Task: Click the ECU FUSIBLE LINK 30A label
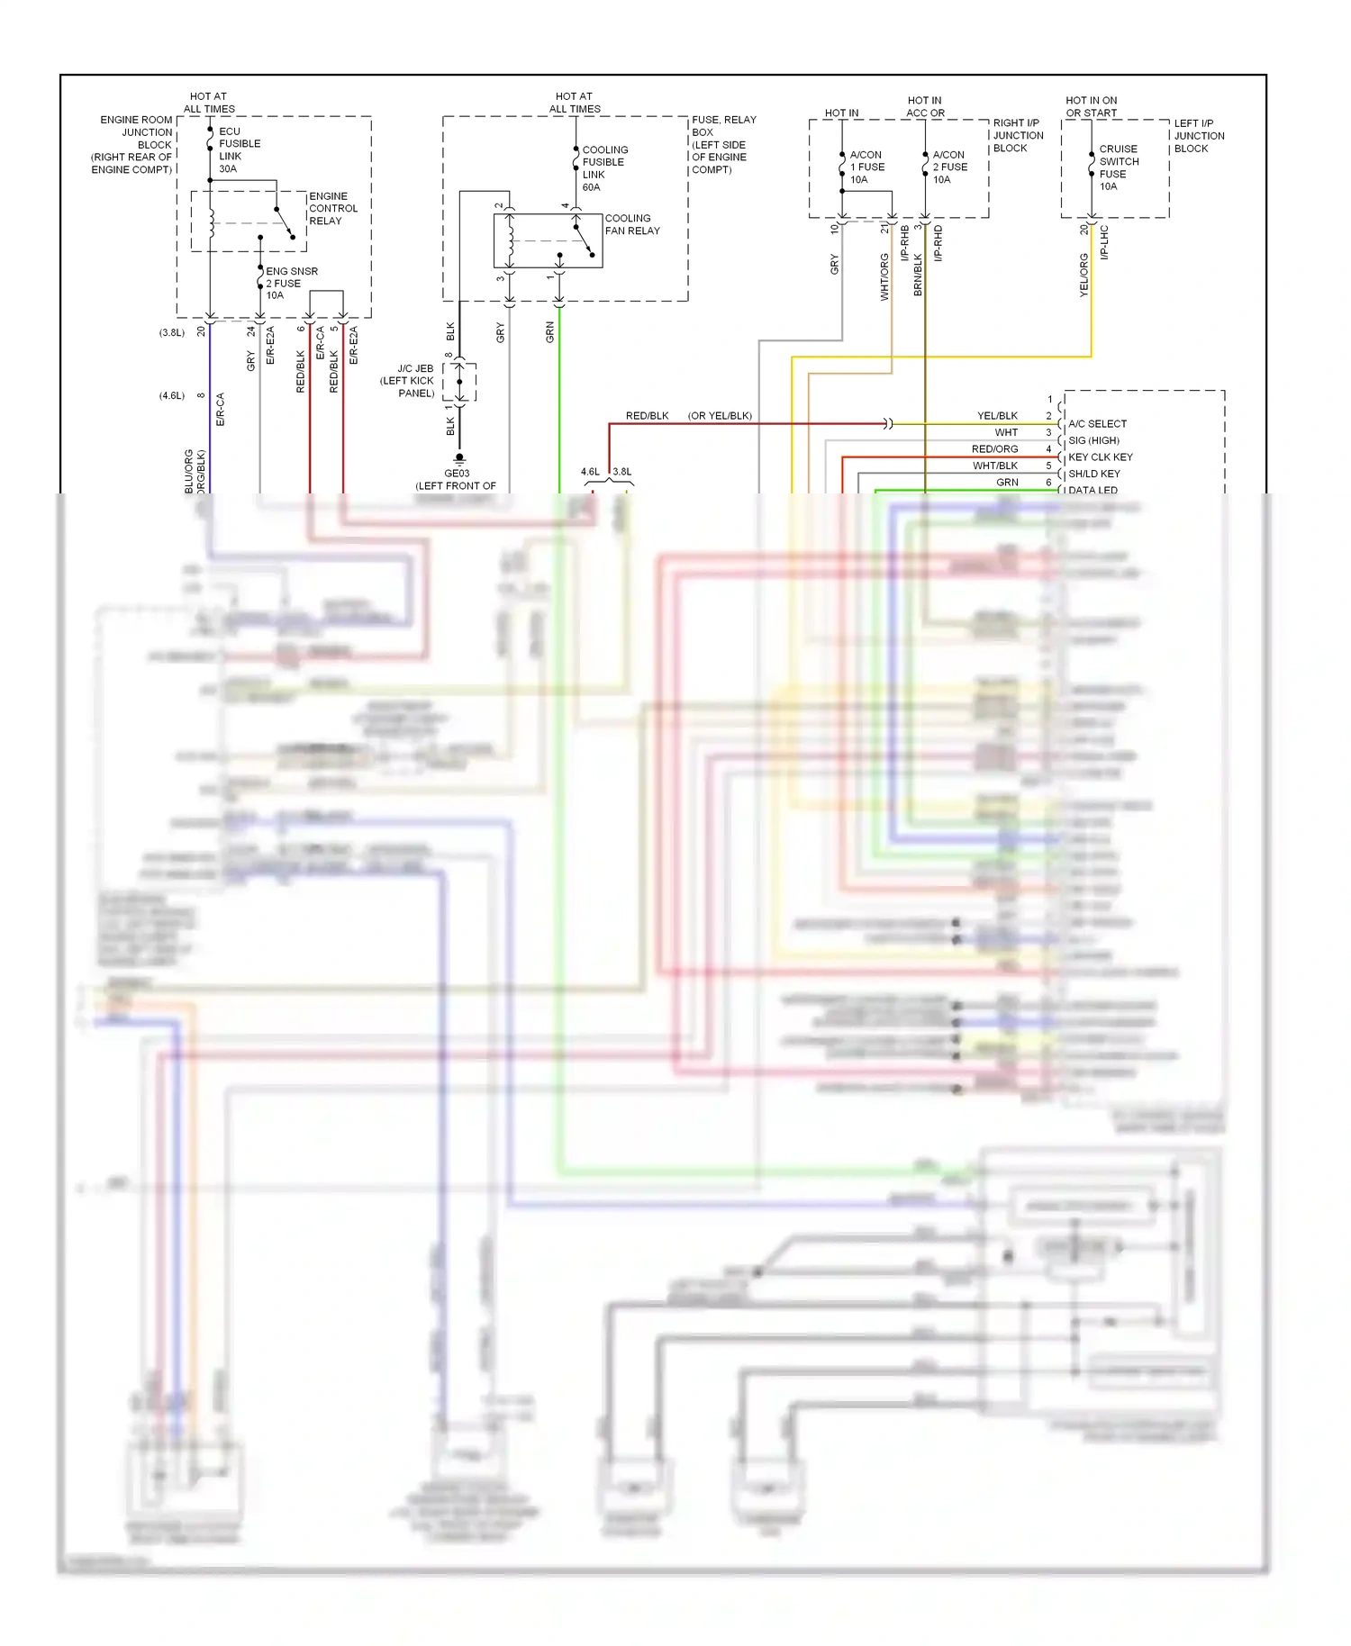tap(239, 149)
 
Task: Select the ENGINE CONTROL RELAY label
tap(332, 208)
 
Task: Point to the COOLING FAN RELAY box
tap(548, 240)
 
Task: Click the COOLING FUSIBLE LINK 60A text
tap(604, 168)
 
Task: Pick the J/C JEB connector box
tap(459, 383)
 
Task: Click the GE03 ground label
tap(457, 474)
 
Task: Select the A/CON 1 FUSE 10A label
tap(866, 167)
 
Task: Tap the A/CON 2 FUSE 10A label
tap(949, 167)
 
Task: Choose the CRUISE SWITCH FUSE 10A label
tap(1118, 167)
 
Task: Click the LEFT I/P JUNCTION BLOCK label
tap(1198, 136)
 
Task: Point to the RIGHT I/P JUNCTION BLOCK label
tap(1018, 135)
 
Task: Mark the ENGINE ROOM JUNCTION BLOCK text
tap(133, 144)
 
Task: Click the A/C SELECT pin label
tap(1096, 423)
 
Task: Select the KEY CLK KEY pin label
tap(1100, 457)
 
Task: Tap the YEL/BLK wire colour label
tap(997, 416)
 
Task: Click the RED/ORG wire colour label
tap(994, 449)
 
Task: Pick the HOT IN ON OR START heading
tap(1091, 106)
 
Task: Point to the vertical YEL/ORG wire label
tap(1084, 275)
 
